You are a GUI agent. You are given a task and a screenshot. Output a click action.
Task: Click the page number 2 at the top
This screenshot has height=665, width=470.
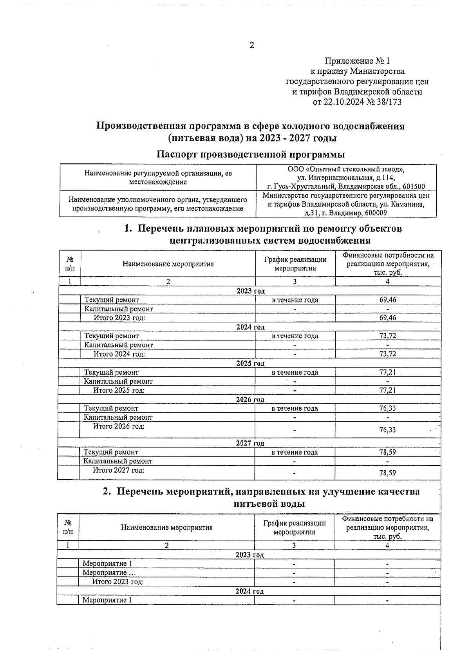252,45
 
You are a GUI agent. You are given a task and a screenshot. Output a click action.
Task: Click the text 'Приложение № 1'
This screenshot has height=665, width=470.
357,61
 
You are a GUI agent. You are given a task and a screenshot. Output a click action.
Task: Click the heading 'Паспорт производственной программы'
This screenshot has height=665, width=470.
251,154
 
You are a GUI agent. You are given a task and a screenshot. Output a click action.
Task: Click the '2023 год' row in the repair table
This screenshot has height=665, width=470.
251,291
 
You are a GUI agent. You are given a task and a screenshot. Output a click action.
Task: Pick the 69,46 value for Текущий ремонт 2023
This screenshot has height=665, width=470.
388,300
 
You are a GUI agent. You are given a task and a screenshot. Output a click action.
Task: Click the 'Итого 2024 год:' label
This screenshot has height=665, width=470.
119,354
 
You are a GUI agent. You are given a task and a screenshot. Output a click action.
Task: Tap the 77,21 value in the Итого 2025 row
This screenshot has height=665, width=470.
388,390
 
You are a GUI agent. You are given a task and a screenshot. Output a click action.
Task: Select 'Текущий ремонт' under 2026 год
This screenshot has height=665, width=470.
111,408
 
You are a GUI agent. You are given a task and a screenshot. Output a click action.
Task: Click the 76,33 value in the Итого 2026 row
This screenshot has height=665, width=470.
388,430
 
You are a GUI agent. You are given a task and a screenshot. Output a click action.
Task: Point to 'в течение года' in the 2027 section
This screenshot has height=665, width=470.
295,452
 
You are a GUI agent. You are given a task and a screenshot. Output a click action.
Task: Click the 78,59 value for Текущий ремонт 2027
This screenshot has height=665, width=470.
388,452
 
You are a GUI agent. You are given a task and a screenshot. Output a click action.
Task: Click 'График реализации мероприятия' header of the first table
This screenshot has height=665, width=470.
295,264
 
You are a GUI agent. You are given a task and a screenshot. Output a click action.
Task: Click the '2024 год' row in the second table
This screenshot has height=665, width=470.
249,591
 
